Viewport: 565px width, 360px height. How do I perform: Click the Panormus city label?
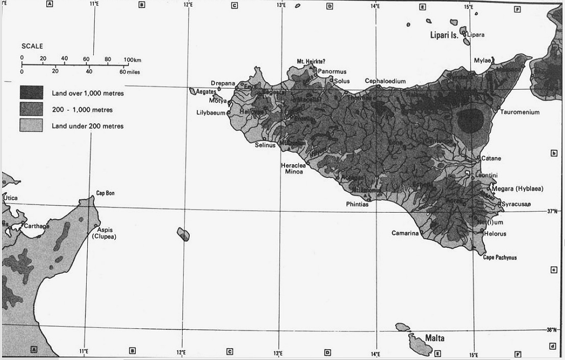[x=332, y=72]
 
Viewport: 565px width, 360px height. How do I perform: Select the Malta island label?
[x=434, y=338]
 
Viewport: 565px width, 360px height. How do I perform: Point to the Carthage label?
[x=37, y=226]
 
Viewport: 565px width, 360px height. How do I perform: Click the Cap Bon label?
[x=106, y=193]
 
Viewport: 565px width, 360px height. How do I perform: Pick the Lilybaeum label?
[x=211, y=113]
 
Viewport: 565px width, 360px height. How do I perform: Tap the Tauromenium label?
[x=520, y=112]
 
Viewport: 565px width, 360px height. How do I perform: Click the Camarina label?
[x=405, y=234]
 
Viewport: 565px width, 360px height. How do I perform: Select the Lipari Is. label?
[x=443, y=35]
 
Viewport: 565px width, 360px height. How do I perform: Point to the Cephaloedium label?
[x=385, y=81]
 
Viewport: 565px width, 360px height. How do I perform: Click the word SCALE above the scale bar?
[x=32, y=46]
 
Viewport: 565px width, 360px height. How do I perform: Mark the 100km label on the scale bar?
[x=132, y=60]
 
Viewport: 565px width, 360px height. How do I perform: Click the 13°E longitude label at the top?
[x=281, y=5]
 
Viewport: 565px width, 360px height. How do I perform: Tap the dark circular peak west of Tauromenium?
[x=470, y=120]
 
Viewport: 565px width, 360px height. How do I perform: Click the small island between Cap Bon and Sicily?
[x=184, y=235]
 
